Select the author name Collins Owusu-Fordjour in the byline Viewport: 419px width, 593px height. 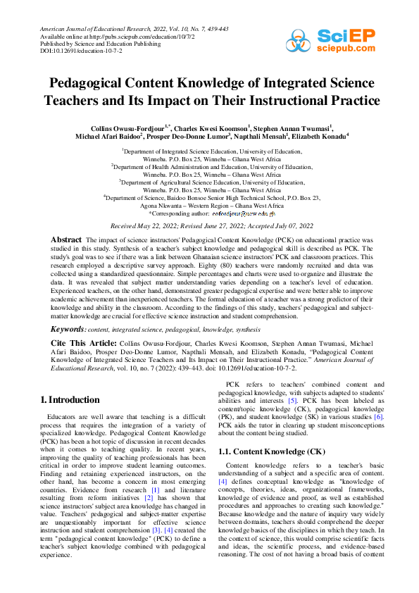pos(130,128)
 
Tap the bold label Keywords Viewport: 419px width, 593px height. pos(70,329)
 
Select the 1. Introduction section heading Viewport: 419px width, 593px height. pos(70,400)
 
